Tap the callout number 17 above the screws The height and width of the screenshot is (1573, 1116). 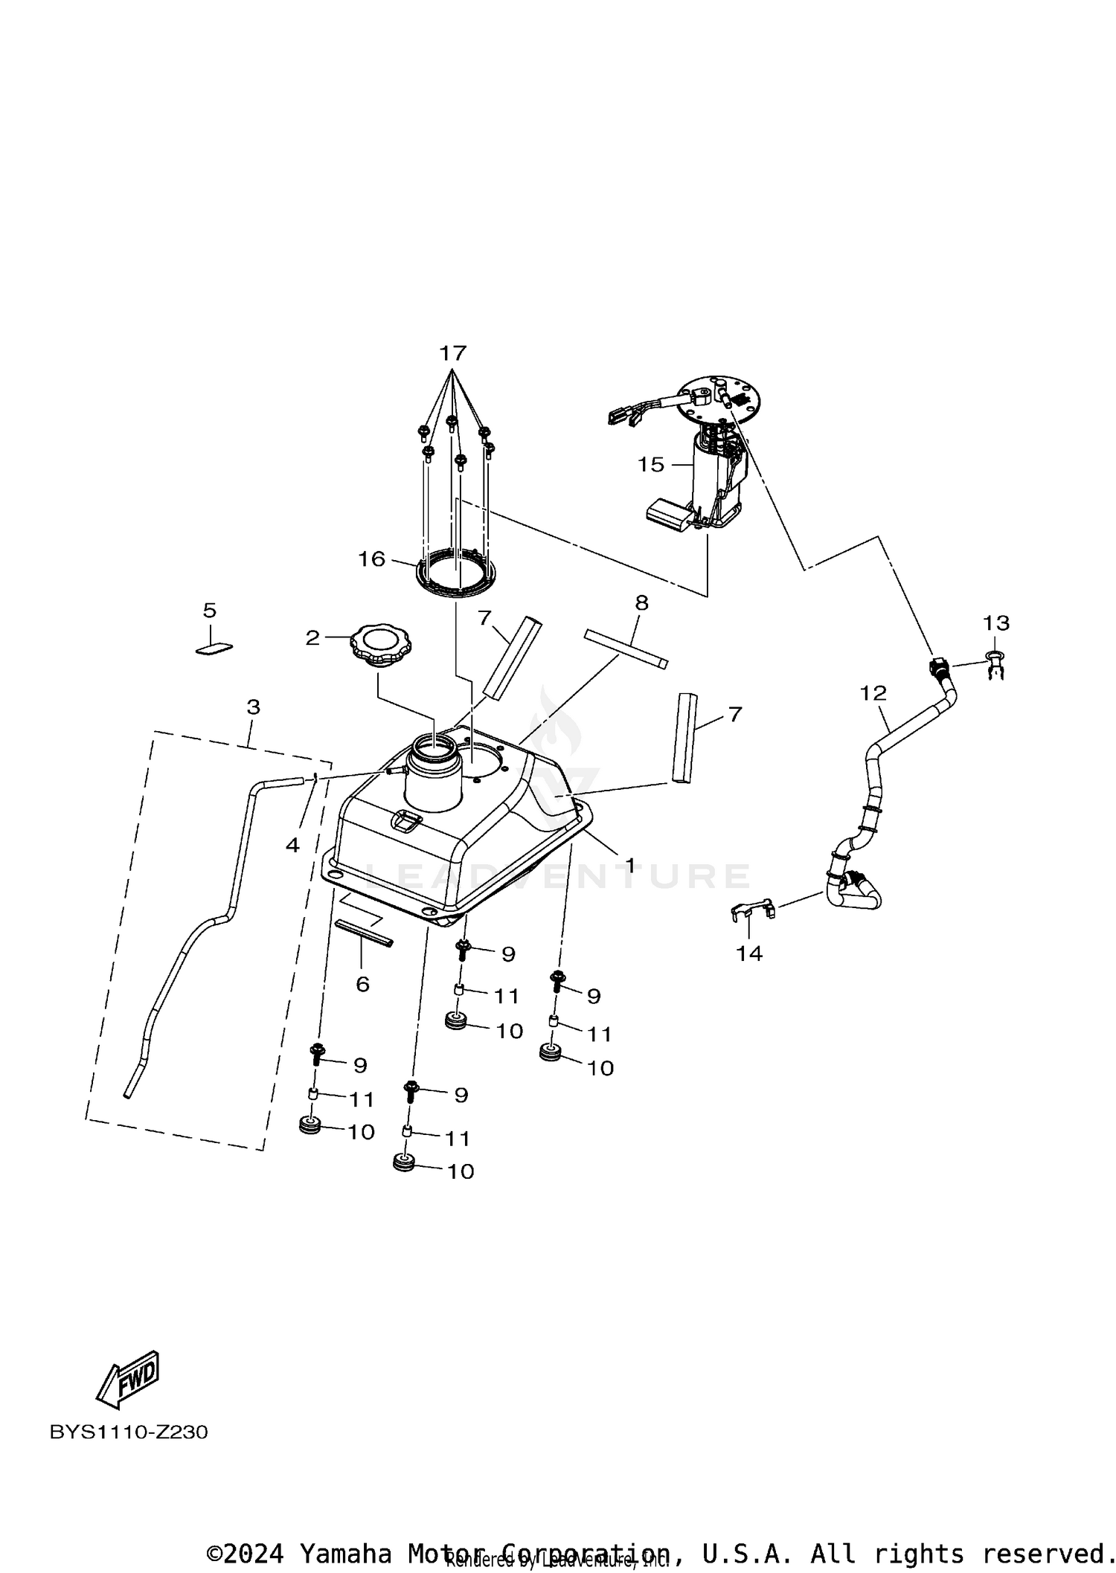tap(452, 353)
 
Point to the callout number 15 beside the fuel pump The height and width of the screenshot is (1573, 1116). tap(650, 465)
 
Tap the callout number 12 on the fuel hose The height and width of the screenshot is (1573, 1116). tap(873, 693)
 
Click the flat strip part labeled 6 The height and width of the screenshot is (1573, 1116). tap(364, 933)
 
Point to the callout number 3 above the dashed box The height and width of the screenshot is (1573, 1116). tap(253, 707)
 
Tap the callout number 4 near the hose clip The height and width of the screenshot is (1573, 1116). tap(292, 845)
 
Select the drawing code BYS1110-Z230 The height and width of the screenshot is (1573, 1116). tap(129, 1432)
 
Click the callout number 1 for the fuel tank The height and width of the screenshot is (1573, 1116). tap(629, 865)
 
